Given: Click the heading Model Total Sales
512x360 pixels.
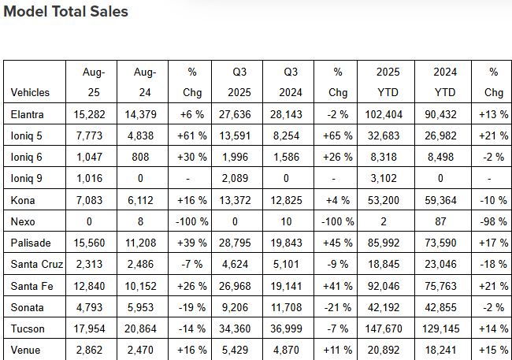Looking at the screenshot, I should [x=65, y=12].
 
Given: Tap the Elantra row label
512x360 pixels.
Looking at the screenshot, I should [x=28, y=115].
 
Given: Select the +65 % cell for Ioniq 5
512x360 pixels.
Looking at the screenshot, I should [x=337, y=135].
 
